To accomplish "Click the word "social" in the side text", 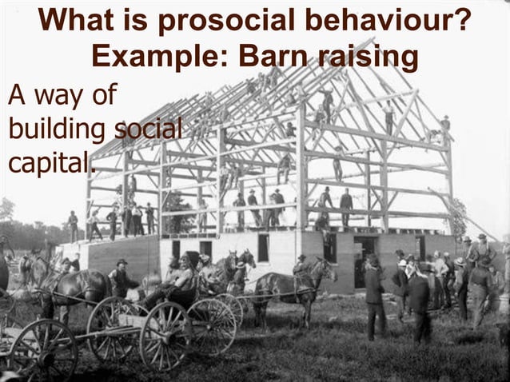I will tap(149, 128).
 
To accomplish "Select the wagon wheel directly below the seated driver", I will tap(165, 336).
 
